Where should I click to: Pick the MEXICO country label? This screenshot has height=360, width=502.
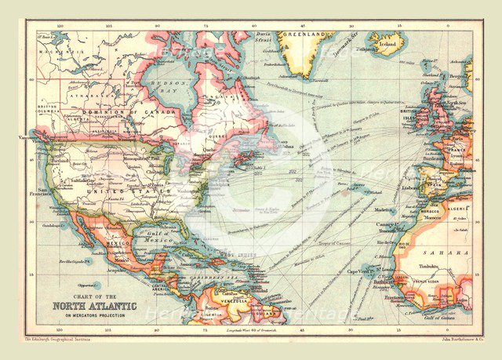(118, 244)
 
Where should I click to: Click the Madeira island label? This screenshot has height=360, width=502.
(382, 210)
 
